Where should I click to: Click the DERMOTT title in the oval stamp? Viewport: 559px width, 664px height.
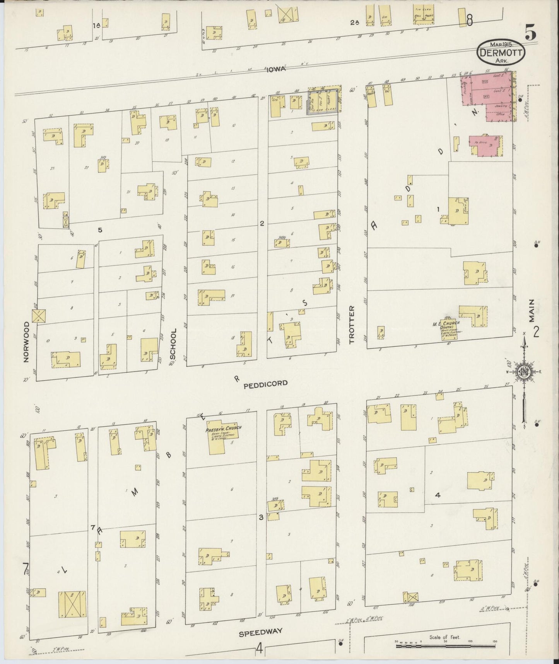tap(501, 52)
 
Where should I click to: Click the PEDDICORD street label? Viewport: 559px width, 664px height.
tap(265, 383)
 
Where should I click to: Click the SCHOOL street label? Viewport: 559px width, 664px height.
tap(173, 344)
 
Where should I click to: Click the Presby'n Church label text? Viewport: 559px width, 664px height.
tap(224, 428)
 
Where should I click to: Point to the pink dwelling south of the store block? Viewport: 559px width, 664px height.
tap(486, 146)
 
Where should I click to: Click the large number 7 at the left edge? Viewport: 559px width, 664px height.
tap(26, 569)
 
